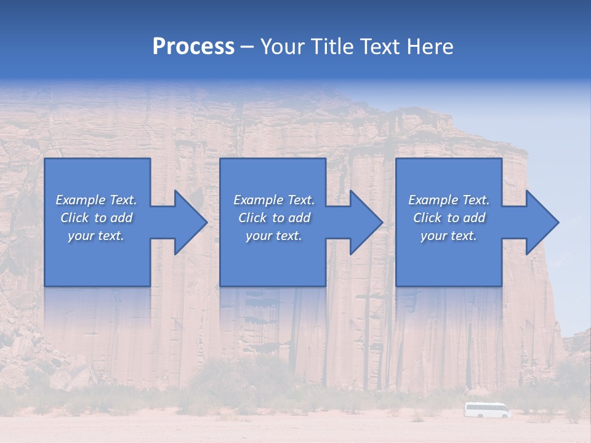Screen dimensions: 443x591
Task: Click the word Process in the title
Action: click(193, 47)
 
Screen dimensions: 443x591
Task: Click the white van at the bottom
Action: click(488, 410)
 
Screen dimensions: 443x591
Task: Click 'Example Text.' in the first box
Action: click(96, 200)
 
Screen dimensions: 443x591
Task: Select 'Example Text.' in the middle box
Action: click(274, 200)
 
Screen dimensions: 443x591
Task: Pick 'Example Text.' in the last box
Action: click(449, 200)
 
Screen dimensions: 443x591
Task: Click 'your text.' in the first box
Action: click(96, 236)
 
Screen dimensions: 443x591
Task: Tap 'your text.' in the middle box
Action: click(274, 236)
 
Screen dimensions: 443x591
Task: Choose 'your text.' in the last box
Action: click(449, 236)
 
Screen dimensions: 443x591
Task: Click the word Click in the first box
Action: click(74, 218)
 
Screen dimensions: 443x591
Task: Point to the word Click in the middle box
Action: click(252, 218)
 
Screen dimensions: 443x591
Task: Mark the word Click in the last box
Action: click(427, 218)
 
